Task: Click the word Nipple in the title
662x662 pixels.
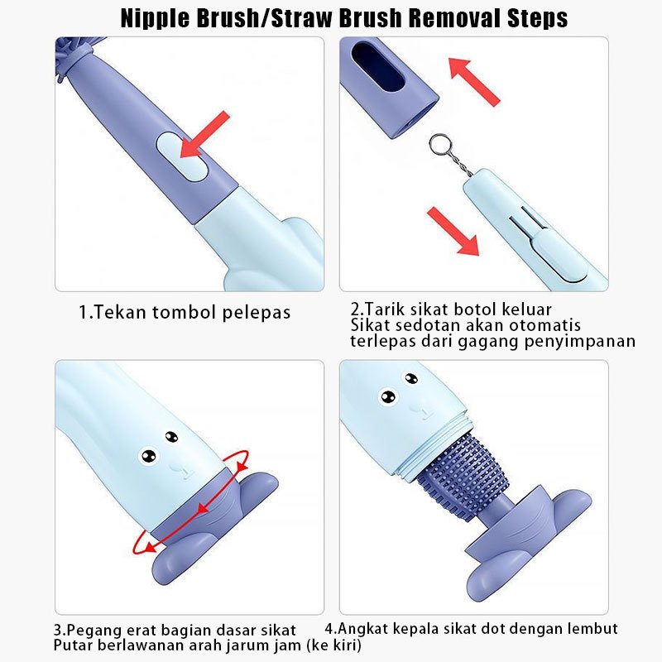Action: pos(156,18)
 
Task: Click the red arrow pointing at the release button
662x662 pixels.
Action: pos(204,134)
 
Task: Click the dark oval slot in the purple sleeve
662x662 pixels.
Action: pos(378,66)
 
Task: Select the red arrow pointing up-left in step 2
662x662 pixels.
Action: pos(473,81)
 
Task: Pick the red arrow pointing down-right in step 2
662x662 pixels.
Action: pos(453,232)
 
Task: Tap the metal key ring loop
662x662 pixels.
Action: pos(440,144)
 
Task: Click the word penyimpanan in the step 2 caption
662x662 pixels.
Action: pos(580,342)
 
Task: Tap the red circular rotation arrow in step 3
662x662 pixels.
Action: pos(191,502)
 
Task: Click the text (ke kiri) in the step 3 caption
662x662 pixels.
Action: pos(333,645)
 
